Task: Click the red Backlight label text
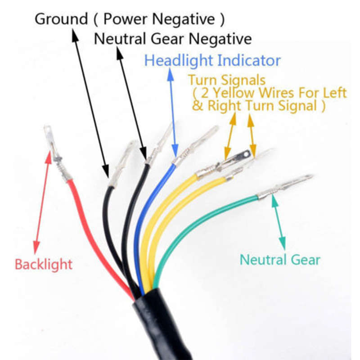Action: click(44, 264)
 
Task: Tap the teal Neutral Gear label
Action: click(280, 260)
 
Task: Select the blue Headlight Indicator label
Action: click(212, 60)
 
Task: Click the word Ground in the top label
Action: click(61, 19)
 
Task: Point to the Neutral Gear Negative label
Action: click(173, 39)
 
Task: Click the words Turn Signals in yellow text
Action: click(227, 80)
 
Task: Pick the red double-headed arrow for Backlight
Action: click(42, 202)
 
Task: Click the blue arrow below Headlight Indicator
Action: click(173, 112)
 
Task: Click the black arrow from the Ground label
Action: click(90, 103)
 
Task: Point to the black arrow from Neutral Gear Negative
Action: click(131, 103)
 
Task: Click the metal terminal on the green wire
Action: click(285, 186)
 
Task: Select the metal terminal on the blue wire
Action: click(195, 145)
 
